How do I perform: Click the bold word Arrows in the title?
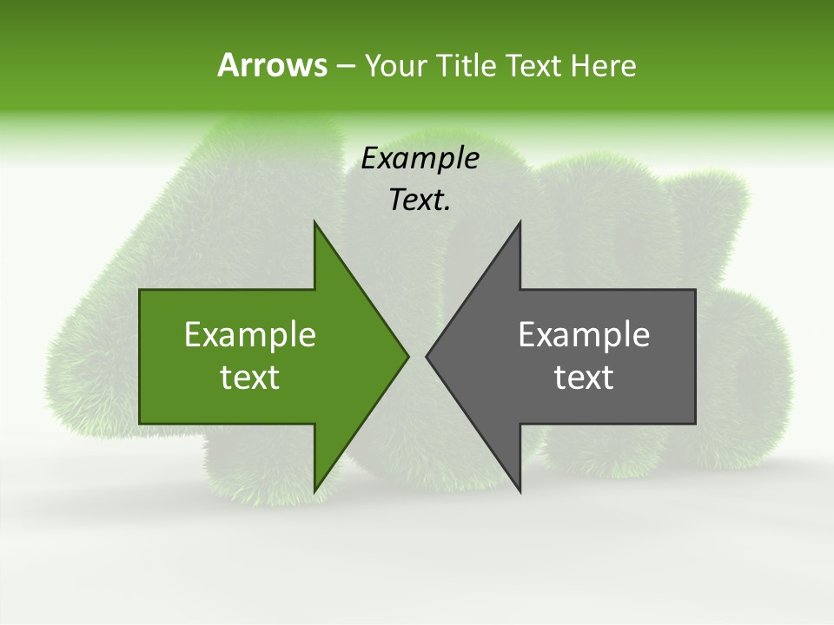272,65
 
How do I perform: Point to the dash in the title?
345,66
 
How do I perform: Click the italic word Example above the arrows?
420,158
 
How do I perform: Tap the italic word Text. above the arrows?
420,201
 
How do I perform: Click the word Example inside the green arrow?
250,334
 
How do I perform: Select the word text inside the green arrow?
250,378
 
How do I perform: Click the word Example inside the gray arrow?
584,334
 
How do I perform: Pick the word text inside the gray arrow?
584,378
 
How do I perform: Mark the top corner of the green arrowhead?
315,223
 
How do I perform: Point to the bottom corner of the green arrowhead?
315,490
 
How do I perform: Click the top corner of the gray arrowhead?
520,223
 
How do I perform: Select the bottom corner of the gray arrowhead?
520,490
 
